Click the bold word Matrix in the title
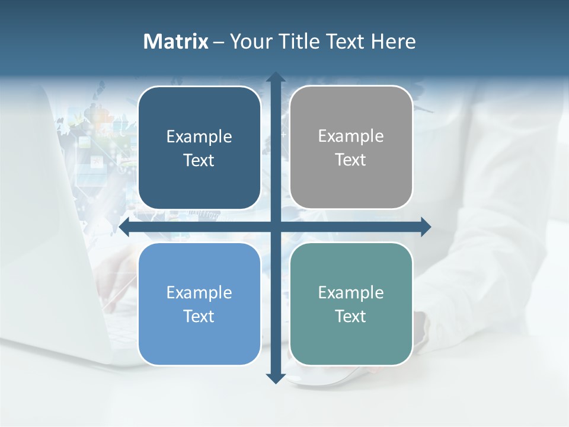(x=176, y=42)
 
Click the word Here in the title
(x=393, y=42)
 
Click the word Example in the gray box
(x=351, y=136)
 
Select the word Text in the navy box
(x=199, y=160)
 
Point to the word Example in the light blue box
(x=199, y=292)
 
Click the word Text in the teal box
(x=351, y=316)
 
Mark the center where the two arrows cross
(x=275, y=227)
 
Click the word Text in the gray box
(x=351, y=160)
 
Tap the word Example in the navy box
(x=199, y=136)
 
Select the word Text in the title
(x=345, y=42)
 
